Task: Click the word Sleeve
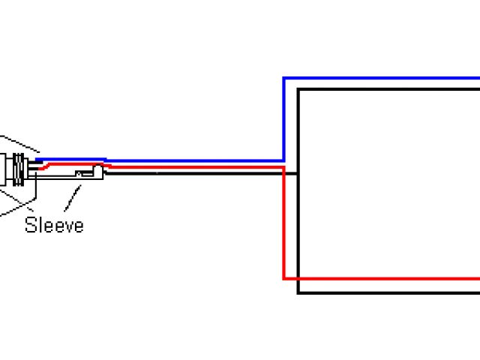tap(54, 224)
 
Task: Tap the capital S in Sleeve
tap(31, 224)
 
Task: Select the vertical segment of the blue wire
tap(283, 120)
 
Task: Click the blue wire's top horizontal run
tap(382, 78)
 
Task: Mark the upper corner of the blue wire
tap(283, 78)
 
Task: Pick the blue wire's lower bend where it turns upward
tap(283, 160)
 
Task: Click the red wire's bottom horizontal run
tap(382, 278)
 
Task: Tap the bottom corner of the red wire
tap(283, 278)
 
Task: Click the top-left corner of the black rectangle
tap(298, 90)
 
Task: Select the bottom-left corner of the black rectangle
tap(298, 292)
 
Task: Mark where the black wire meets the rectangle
tap(298, 173)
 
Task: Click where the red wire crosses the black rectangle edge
tap(298, 278)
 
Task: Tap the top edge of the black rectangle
tap(390, 90)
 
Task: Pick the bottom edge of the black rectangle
tap(390, 292)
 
